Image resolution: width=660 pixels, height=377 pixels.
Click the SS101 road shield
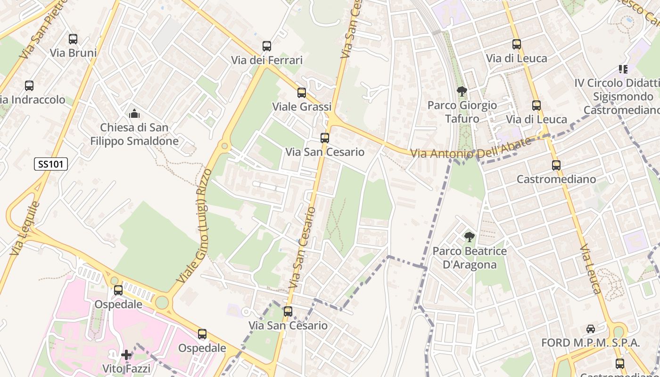click(51, 164)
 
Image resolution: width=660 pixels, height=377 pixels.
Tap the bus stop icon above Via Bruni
click(73, 39)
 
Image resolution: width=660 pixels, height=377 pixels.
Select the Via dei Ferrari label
click(267, 60)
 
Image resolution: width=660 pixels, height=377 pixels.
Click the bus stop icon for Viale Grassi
click(302, 93)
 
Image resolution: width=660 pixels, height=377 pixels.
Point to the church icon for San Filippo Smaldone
click(134, 114)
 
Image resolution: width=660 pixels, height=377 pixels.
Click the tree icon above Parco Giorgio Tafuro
click(462, 91)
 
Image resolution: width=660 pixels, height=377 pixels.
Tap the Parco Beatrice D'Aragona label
click(470, 258)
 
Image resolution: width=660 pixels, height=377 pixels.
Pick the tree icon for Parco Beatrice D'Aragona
click(469, 237)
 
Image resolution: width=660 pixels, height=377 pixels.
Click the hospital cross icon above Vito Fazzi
click(126, 355)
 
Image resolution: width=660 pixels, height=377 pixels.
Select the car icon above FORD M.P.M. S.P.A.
click(590, 329)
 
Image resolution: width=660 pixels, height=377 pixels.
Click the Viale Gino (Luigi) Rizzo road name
click(192, 226)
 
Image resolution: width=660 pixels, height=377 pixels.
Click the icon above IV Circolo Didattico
click(623, 69)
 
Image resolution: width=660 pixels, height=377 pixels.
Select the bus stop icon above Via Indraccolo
click(29, 86)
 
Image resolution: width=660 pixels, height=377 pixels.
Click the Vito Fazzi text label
click(126, 369)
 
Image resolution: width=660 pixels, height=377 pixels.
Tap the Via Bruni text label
click(73, 53)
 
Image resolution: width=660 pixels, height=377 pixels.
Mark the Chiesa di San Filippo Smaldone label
click(134, 134)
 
